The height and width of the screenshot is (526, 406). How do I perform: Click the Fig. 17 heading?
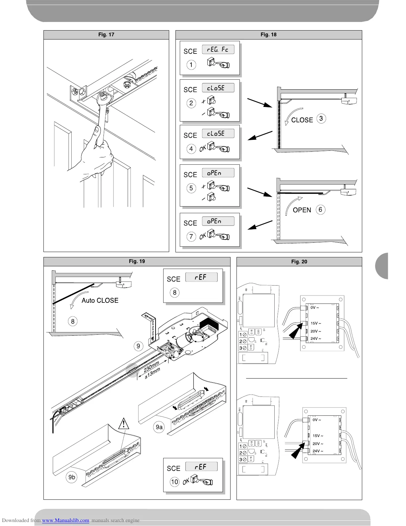106,35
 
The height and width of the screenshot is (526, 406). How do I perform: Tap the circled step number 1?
191,64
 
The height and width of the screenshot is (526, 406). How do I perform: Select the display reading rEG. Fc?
218,49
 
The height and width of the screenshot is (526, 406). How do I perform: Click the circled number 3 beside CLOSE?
321,119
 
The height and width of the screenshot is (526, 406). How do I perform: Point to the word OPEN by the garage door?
302,210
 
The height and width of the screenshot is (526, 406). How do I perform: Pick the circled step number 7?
191,236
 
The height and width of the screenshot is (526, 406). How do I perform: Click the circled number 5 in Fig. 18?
191,188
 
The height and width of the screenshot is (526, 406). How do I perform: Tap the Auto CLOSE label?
100,300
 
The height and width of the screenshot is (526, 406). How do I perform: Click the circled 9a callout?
160,427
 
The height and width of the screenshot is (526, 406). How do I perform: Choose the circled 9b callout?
72,477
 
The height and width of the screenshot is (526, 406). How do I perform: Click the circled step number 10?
174,482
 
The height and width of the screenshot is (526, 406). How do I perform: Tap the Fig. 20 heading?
299,262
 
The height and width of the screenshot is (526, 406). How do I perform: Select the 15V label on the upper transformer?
315,323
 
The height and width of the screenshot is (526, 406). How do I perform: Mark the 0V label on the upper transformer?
314,307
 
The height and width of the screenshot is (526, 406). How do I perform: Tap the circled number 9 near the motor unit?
138,346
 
